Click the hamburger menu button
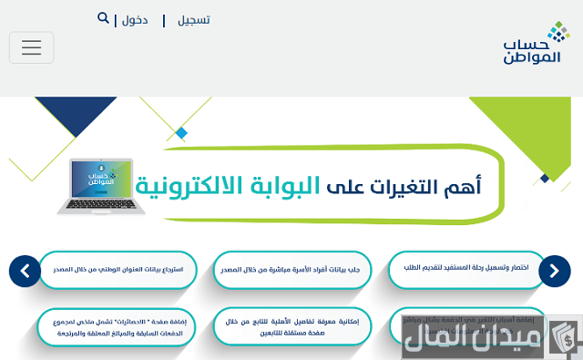coord(32,47)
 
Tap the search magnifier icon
coord(103,17)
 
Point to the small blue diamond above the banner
coord(181,133)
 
